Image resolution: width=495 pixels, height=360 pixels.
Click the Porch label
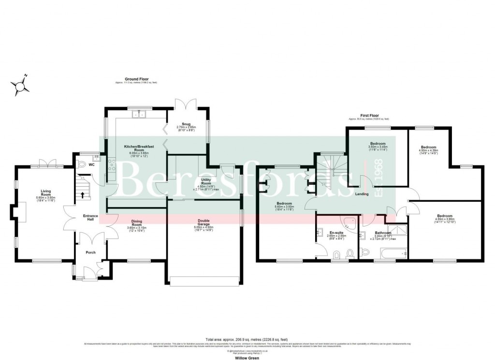point(90,252)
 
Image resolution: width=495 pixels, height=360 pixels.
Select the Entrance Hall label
point(90,217)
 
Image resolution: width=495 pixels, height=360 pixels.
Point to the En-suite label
point(332,233)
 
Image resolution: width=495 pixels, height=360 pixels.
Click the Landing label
point(362,194)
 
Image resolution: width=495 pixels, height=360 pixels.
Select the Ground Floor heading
point(136,79)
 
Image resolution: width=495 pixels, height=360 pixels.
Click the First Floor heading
point(368,116)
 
